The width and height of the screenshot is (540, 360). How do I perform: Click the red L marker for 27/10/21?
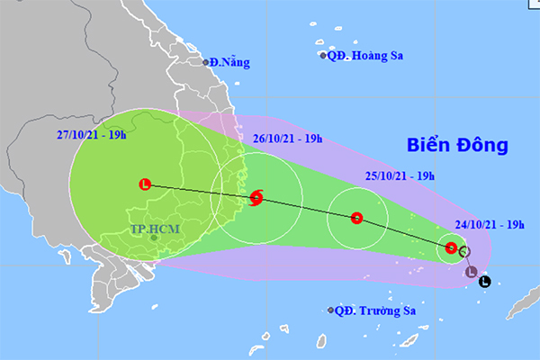(x=146, y=184)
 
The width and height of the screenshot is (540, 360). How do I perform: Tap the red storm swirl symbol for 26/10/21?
(x=256, y=197)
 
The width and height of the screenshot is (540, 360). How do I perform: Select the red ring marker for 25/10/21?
(x=356, y=217)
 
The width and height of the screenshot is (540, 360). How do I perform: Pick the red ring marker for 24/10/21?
(x=451, y=247)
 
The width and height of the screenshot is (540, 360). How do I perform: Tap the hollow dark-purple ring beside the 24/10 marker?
(x=463, y=251)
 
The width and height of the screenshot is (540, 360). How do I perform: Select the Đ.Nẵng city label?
(x=230, y=63)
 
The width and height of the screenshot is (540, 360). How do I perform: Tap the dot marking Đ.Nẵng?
(x=206, y=63)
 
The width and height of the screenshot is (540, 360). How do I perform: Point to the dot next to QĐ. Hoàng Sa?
(x=324, y=56)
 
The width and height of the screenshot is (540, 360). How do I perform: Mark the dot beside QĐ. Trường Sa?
(x=331, y=311)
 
